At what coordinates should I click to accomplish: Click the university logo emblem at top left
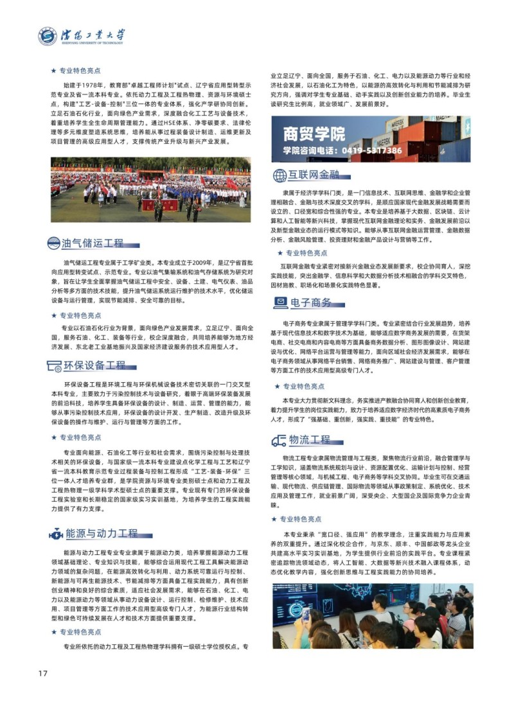(x=46, y=36)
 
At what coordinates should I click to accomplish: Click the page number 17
(x=44, y=673)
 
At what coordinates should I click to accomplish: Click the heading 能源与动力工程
(x=102, y=533)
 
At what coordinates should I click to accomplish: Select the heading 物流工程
(x=310, y=440)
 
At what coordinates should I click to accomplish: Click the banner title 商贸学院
(x=314, y=134)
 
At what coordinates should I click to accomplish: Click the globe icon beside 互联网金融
(x=279, y=175)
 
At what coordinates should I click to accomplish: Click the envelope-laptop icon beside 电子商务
(x=280, y=303)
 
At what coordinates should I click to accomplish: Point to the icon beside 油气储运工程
(x=54, y=243)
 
